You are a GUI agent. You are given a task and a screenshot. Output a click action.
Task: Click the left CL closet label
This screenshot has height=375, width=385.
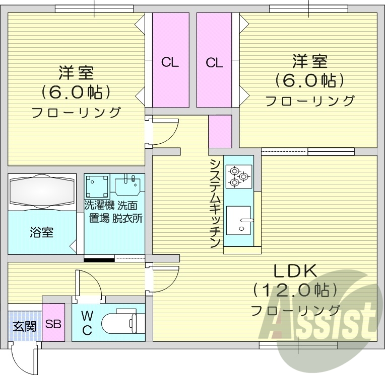170,62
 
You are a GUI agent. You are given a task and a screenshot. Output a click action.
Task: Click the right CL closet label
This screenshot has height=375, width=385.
214,62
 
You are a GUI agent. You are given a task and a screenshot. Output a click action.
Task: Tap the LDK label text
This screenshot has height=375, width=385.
295,272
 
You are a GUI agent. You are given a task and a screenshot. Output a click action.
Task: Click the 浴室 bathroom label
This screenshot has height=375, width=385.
42,232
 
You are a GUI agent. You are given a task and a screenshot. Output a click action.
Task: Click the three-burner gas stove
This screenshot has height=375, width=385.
238,175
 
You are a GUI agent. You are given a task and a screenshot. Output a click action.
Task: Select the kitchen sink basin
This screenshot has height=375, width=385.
238,219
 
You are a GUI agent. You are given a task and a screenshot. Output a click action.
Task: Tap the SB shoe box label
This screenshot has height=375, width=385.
53,324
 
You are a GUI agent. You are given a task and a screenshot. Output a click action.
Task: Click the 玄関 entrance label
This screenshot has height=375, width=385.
24,326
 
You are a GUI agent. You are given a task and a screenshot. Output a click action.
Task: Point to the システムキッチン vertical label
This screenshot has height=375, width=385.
215,203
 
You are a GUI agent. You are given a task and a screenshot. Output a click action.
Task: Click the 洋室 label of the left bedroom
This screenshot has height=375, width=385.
76,73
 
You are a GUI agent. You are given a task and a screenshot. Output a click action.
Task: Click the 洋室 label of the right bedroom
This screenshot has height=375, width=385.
309,62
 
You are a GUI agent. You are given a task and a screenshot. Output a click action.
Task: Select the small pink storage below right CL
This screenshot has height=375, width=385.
220,131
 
